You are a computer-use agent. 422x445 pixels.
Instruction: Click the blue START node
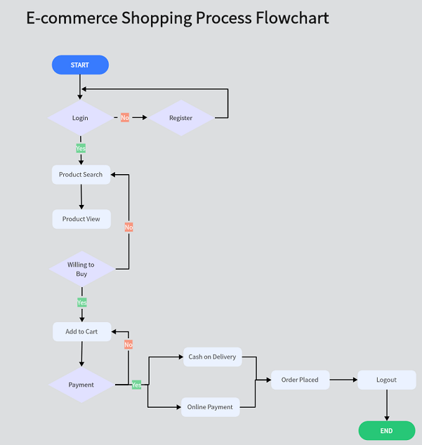point(80,65)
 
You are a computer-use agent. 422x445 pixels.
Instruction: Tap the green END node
point(386,430)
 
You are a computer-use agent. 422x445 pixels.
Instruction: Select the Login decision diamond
point(80,118)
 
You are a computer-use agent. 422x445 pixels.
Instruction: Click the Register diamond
point(180,118)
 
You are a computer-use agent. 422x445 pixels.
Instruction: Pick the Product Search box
point(81,175)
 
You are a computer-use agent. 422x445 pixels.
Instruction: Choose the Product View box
point(81,219)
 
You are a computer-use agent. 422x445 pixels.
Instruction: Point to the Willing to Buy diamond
point(81,269)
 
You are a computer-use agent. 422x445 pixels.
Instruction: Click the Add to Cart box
point(81,331)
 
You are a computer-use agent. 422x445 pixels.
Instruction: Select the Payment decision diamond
point(81,385)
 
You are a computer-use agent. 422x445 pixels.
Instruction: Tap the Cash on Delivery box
point(212,357)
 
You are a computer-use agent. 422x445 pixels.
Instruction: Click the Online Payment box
point(210,407)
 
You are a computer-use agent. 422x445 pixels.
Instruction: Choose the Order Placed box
point(300,380)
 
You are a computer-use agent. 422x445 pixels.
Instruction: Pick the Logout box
point(386,380)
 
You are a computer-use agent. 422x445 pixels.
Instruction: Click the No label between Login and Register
point(125,118)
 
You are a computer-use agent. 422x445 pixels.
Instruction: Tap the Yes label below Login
point(81,149)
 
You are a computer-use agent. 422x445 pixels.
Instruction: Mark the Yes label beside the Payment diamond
point(136,385)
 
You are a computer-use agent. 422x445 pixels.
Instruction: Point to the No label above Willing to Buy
point(128,227)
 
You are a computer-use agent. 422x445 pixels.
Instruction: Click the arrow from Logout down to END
point(386,405)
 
